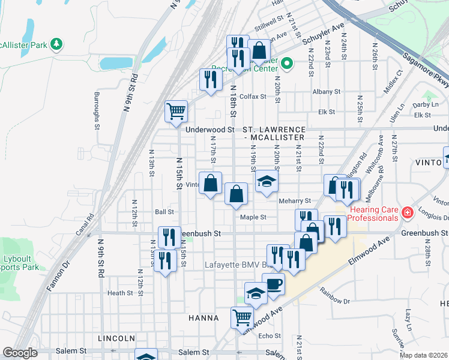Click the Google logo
click(x=20, y=353)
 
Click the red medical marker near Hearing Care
click(x=407, y=212)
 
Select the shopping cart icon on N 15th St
click(x=176, y=111)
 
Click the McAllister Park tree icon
click(x=56, y=44)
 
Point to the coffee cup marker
click(x=274, y=284)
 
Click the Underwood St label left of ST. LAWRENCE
click(x=209, y=130)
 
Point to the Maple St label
click(x=253, y=217)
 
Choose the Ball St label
click(x=164, y=212)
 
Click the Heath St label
click(x=119, y=293)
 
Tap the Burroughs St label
click(x=96, y=111)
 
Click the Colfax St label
click(x=253, y=97)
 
